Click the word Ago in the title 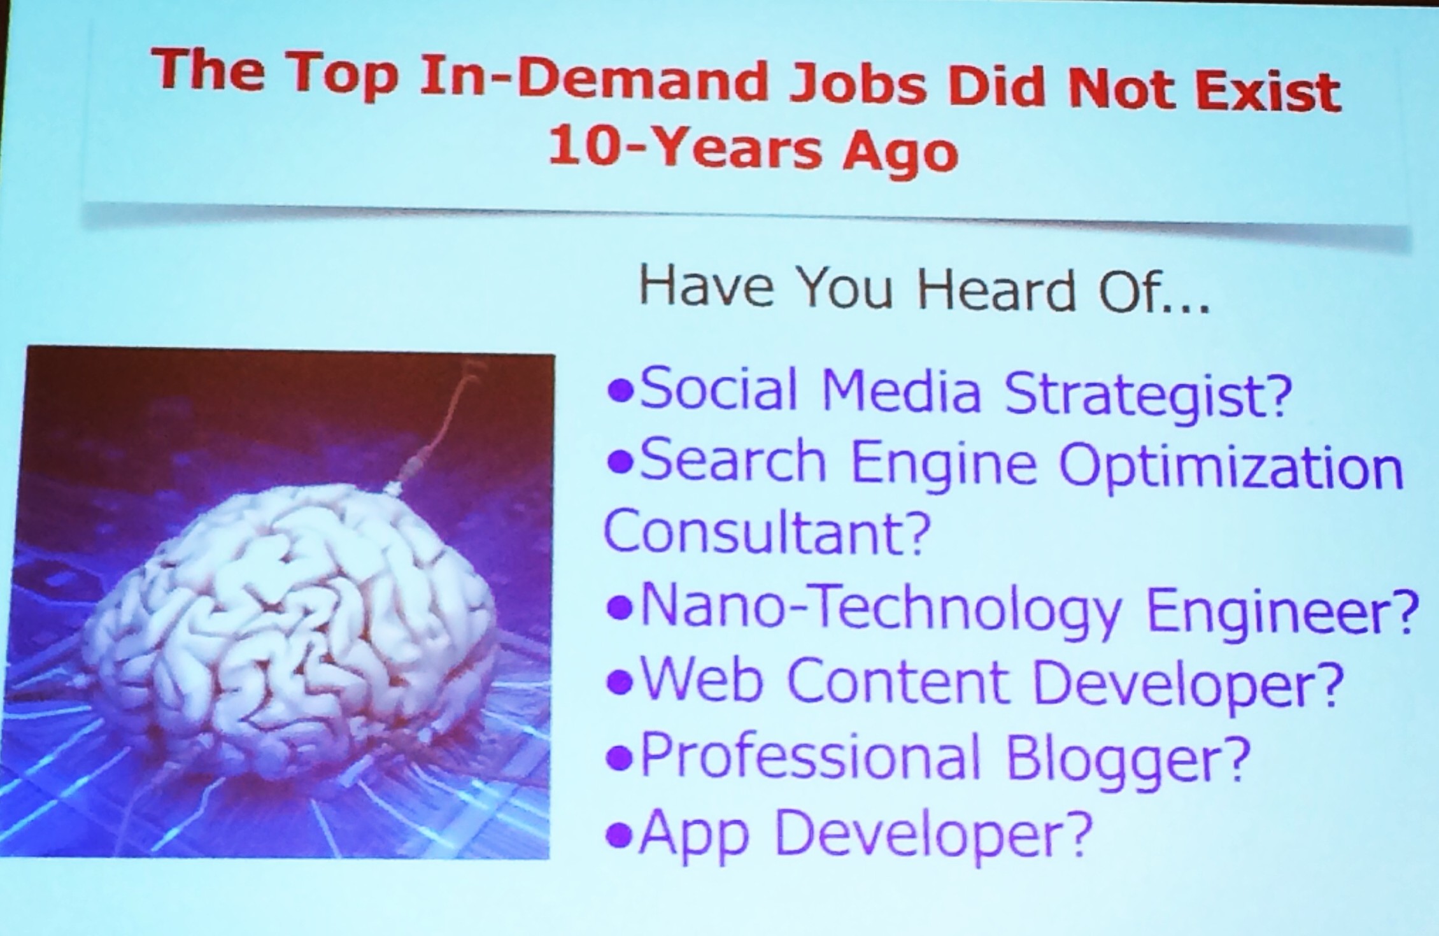pos(900,155)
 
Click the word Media pos(900,390)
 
